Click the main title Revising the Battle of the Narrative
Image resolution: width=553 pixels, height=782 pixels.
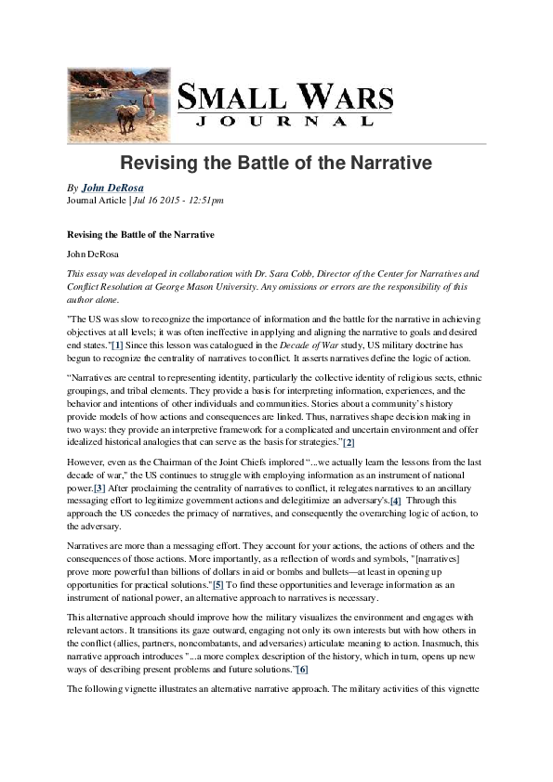click(276, 163)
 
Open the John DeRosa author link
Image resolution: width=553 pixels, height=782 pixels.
click(112, 188)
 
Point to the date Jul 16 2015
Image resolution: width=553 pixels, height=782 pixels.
click(154, 200)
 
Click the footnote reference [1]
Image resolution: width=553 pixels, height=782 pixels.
click(118, 346)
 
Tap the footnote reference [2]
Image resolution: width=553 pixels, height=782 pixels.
click(349, 442)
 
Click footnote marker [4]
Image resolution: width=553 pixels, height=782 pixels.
click(396, 501)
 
